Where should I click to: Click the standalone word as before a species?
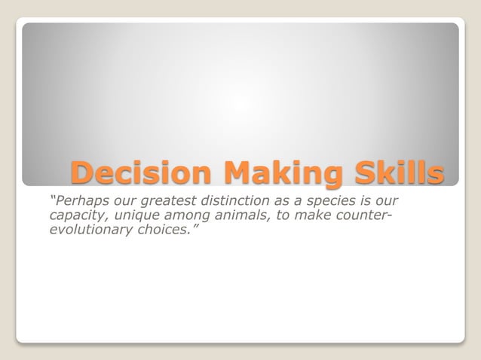(283, 202)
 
